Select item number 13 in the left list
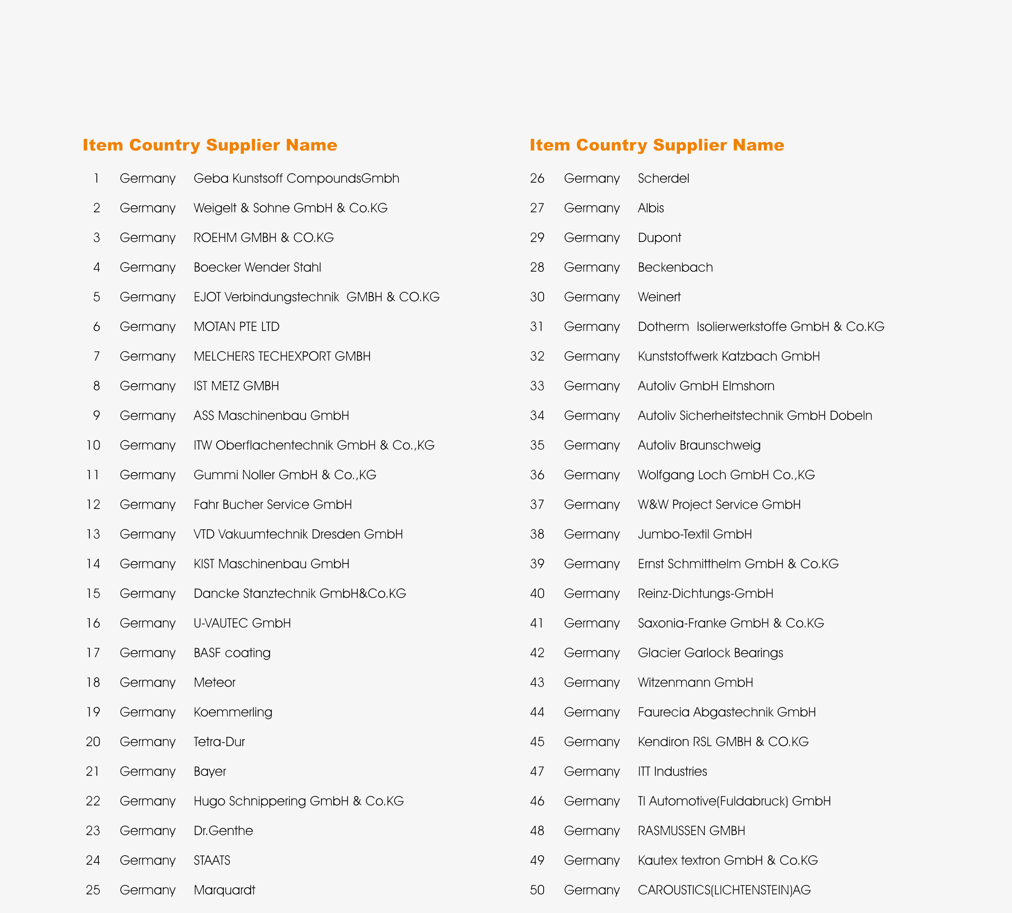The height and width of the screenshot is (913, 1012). [93, 534]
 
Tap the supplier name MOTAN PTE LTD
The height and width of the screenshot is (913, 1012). [236, 327]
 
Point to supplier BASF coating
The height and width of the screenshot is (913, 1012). [232, 653]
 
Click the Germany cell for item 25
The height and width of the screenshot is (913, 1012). [147, 890]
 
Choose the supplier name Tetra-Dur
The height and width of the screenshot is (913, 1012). [219, 741]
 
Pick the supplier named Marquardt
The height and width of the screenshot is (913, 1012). [224, 890]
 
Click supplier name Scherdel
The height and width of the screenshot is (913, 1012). [663, 179]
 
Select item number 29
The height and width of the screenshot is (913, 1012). [537, 238]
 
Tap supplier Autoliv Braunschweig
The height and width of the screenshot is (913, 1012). [699, 446]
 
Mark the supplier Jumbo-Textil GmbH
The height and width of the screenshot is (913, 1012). [695, 534]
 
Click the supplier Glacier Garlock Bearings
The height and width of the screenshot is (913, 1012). [710, 653]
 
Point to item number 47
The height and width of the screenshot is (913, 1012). [537, 771]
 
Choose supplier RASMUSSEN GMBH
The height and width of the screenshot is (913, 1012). [691, 831]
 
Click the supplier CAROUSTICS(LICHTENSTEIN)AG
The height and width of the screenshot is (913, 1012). [724, 890]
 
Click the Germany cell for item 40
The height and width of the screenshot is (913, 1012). [592, 594]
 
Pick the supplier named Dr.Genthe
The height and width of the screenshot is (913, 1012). [223, 831]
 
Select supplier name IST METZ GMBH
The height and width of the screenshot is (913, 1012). [236, 386]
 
